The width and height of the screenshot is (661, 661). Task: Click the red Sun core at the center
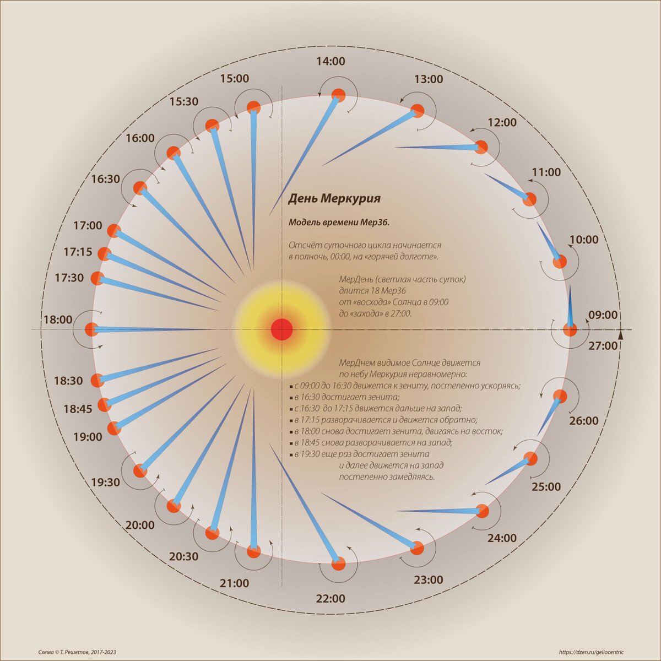pyautogui.click(x=281, y=329)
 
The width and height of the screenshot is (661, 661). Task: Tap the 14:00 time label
pyautogui.click(x=330, y=61)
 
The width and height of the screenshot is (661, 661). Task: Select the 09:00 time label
pyautogui.click(x=603, y=315)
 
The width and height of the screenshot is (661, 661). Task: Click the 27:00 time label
pyautogui.click(x=603, y=346)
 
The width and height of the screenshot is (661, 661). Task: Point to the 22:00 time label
pyautogui.click(x=330, y=599)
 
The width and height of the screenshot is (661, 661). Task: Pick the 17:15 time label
pyautogui.click(x=78, y=252)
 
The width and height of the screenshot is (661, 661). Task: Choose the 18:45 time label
pyautogui.click(x=78, y=409)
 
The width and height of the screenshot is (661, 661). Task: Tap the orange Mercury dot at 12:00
pyautogui.click(x=481, y=147)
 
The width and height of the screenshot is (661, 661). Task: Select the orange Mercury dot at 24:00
pyautogui.click(x=482, y=511)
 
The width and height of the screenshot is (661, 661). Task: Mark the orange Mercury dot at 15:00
pyautogui.click(x=253, y=107)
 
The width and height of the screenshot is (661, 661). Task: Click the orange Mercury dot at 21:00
pyautogui.click(x=253, y=551)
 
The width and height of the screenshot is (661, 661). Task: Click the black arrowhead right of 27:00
pyautogui.click(x=621, y=334)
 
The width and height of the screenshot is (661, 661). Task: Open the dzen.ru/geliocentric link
pyautogui.click(x=592, y=652)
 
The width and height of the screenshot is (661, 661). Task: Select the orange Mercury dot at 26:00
pyautogui.click(x=560, y=396)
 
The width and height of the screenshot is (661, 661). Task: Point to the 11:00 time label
pyautogui.click(x=546, y=172)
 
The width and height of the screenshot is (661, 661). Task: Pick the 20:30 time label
pyautogui.click(x=183, y=557)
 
